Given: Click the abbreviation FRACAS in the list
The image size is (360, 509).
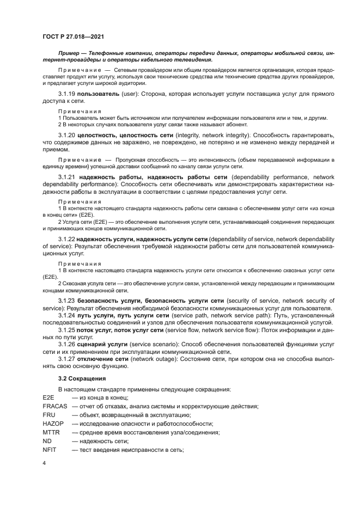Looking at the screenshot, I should [54, 407].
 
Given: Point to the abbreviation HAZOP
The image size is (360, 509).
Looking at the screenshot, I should [53, 424].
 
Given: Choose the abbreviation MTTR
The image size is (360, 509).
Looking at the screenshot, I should [51, 432].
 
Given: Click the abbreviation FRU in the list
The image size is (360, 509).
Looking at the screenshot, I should [49, 415].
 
